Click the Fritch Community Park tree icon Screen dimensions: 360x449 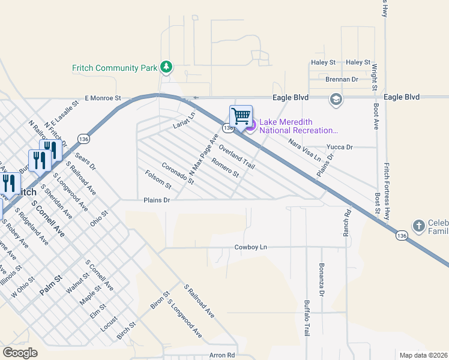(166, 67)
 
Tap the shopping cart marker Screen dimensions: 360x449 (241, 116)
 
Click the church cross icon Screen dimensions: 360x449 (418, 226)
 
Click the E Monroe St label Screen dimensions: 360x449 (103, 97)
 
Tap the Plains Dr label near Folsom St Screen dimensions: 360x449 (157, 200)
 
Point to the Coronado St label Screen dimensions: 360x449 (178, 173)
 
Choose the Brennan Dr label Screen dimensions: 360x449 (342, 79)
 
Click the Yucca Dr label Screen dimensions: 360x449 (340, 146)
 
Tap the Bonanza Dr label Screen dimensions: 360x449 (321, 279)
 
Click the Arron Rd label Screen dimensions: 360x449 (222, 355)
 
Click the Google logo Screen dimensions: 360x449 (20, 352)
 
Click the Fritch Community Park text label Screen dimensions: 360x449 (114, 68)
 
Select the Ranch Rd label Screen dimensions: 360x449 (347, 220)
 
